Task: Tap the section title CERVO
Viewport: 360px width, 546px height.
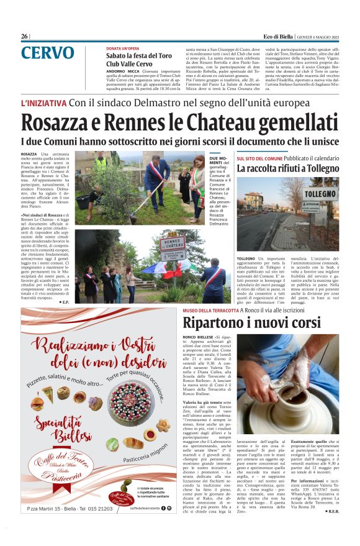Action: pos(47,54)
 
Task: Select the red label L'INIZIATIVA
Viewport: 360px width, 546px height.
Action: pos(43,102)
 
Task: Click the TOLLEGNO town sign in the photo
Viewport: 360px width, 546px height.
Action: pos(320,194)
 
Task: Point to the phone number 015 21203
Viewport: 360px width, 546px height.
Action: pos(91,526)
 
